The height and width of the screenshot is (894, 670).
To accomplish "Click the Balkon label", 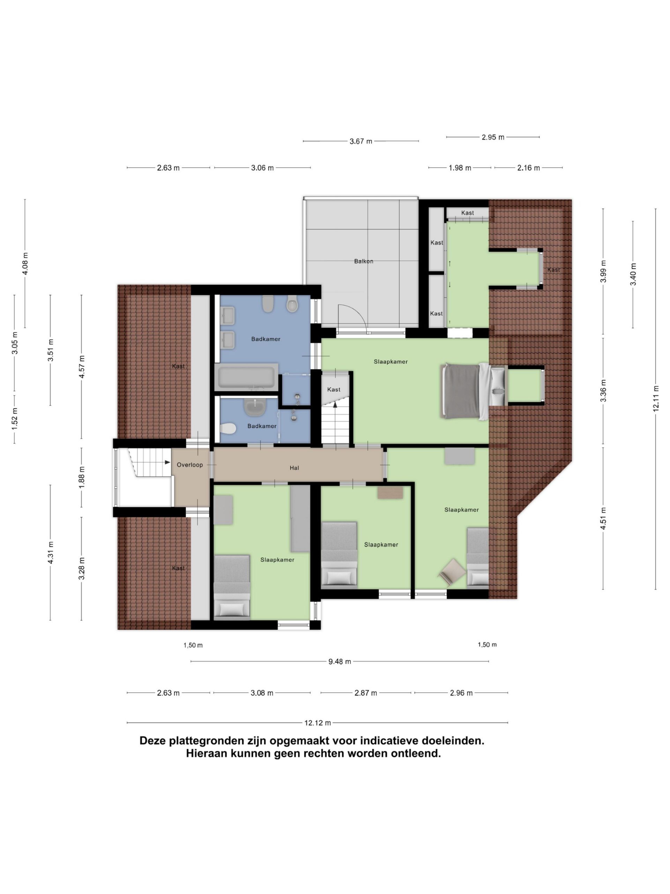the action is click(x=364, y=261).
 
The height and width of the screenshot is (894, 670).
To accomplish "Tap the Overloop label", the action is click(x=190, y=465).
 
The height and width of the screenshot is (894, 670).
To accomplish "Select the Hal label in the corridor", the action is click(x=294, y=468).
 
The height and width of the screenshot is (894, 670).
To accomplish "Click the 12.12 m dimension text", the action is click(x=318, y=723).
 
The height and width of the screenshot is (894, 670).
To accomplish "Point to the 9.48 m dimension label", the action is click(x=339, y=662).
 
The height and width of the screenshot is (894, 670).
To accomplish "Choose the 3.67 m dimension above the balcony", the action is click(x=360, y=141).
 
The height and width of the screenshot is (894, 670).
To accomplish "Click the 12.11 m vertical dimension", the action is click(x=656, y=398).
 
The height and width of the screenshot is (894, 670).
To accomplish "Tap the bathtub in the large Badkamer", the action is click(x=246, y=377).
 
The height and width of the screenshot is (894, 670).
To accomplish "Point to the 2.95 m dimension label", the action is click(x=493, y=137).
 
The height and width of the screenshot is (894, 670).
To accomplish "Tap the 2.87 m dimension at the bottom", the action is click(x=365, y=693).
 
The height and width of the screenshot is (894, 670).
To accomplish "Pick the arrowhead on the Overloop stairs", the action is click(x=167, y=462).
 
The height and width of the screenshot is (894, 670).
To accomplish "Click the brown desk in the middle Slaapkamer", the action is click(x=390, y=493).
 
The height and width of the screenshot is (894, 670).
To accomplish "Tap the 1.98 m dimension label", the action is click(x=460, y=168).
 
